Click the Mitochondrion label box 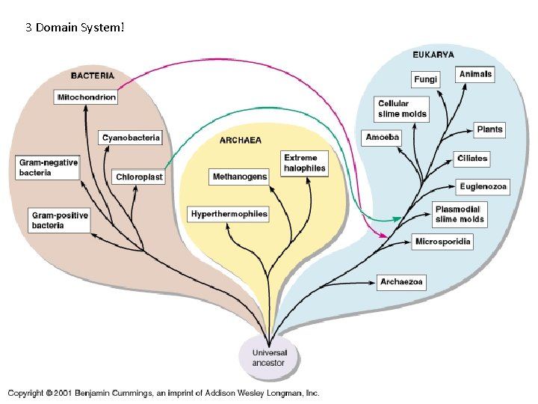(x=87, y=98)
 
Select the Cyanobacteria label (x=131, y=138)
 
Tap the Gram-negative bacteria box (x=48, y=168)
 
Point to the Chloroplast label (x=139, y=177)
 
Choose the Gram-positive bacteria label (x=60, y=220)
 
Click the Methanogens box (x=239, y=177)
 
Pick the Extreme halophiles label (x=304, y=163)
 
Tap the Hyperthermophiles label (x=229, y=214)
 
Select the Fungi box (x=425, y=79)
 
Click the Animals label (x=475, y=74)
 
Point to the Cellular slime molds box (x=402, y=109)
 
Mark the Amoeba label (x=383, y=138)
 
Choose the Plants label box (x=489, y=129)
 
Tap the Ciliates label (x=471, y=159)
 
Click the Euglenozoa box (x=483, y=186)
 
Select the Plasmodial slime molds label (x=460, y=214)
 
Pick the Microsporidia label (x=443, y=242)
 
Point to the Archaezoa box (x=402, y=282)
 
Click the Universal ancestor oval (x=268, y=358)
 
